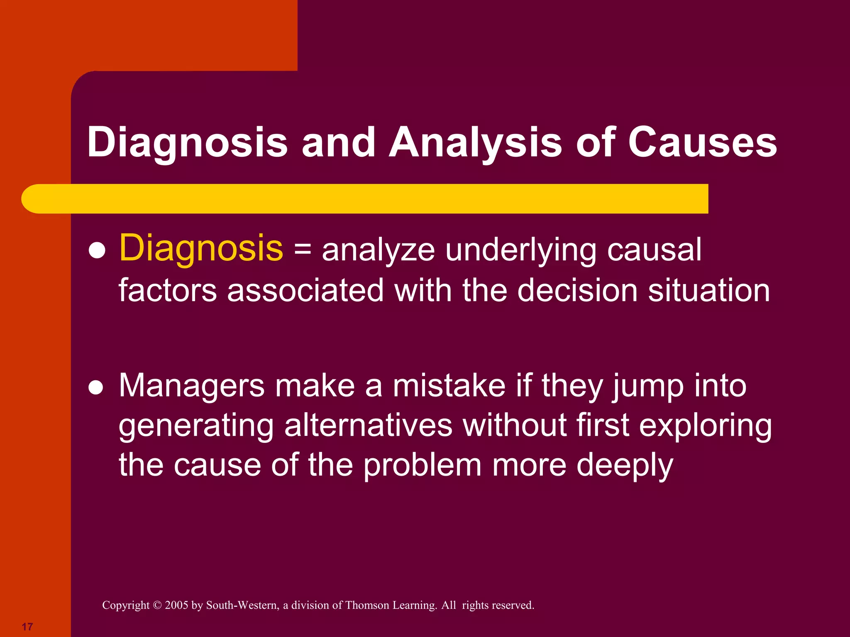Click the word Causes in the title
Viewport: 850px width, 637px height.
(x=702, y=142)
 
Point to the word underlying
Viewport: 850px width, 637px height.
(x=520, y=250)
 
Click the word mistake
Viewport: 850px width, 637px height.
(x=449, y=386)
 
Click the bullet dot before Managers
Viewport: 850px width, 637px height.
(x=96, y=387)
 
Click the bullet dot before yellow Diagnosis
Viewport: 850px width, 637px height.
(x=97, y=250)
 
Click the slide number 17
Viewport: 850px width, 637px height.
(x=27, y=627)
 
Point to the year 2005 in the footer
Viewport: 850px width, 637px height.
(x=176, y=605)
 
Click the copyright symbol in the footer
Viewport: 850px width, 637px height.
(x=157, y=605)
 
